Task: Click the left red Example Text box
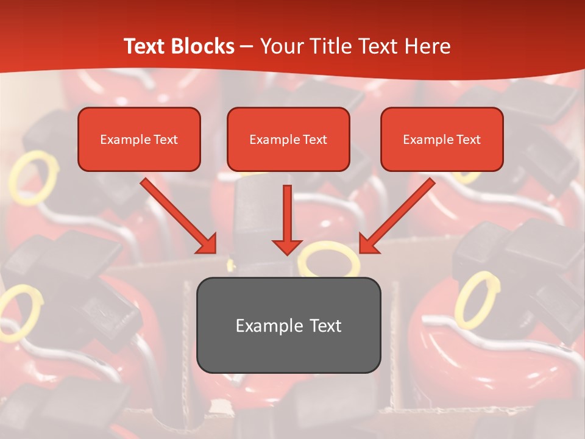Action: (139, 139)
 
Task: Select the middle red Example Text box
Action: (288, 139)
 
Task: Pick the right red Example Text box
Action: (442, 139)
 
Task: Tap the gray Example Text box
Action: (288, 325)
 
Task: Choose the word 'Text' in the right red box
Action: (469, 140)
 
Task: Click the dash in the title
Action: (247, 46)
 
